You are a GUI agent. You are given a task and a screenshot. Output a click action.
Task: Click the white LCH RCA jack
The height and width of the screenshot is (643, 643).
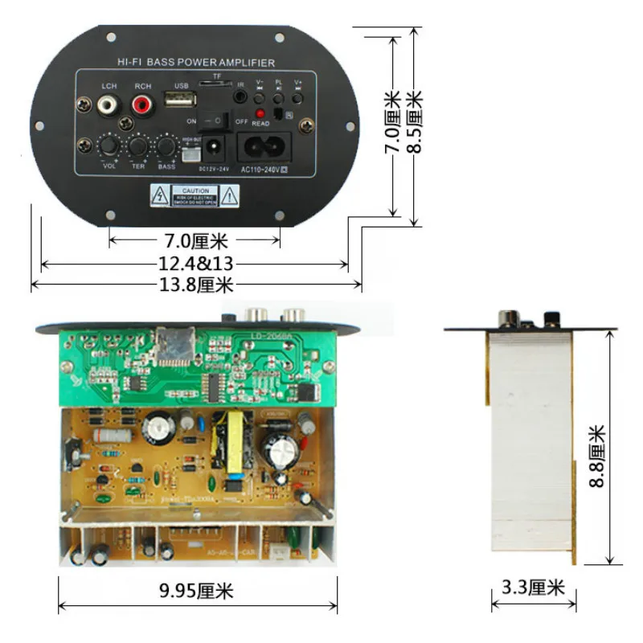(x=106, y=104)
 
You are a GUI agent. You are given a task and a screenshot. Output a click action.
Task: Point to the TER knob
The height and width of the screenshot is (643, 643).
(x=138, y=146)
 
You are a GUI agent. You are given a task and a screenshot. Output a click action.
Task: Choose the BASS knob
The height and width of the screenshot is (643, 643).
(x=166, y=146)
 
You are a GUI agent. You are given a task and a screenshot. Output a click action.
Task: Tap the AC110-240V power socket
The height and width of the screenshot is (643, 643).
(x=263, y=148)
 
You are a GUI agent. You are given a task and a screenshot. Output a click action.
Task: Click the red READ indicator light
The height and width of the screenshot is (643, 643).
(x=260, y=113)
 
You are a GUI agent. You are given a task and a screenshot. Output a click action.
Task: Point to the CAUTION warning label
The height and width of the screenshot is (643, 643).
(x=195, y=195)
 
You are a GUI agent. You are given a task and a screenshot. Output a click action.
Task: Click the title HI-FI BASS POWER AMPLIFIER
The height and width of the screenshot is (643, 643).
(x=196, y=63)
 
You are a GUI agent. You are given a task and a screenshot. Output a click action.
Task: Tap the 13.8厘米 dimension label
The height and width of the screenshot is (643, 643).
(x=197, y=285)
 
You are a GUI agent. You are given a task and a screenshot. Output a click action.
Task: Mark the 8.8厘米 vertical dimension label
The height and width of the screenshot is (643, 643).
(x=596, y=456)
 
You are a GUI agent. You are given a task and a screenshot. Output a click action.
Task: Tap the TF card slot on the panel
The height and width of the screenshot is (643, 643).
(x=215, y=83)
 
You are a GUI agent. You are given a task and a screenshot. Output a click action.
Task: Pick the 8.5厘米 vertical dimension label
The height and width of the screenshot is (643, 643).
(x=416, y=121)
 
